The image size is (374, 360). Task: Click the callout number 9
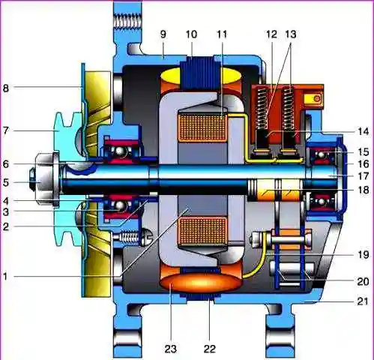pyautogui.click(x=163, y=34)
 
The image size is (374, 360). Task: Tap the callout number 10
pyautogui.click(x=191, y=34)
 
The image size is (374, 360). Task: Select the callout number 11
pyautogui.click(x=222, y=34)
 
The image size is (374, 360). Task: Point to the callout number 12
pyautogui.click(x=271, y=34)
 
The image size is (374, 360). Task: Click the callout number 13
pyautogui.click(x=291, y=34)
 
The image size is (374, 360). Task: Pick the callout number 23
pyautogui.click(x=170, y=349)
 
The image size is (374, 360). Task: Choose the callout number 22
pyautogui.click(x=209, y=349)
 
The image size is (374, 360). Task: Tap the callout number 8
pyautogui.click(x=5, y=88)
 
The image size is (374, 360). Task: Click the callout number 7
pyautogui.click(x=5, y=130)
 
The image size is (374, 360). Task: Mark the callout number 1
pyautogui.click(x=5, y=277)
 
